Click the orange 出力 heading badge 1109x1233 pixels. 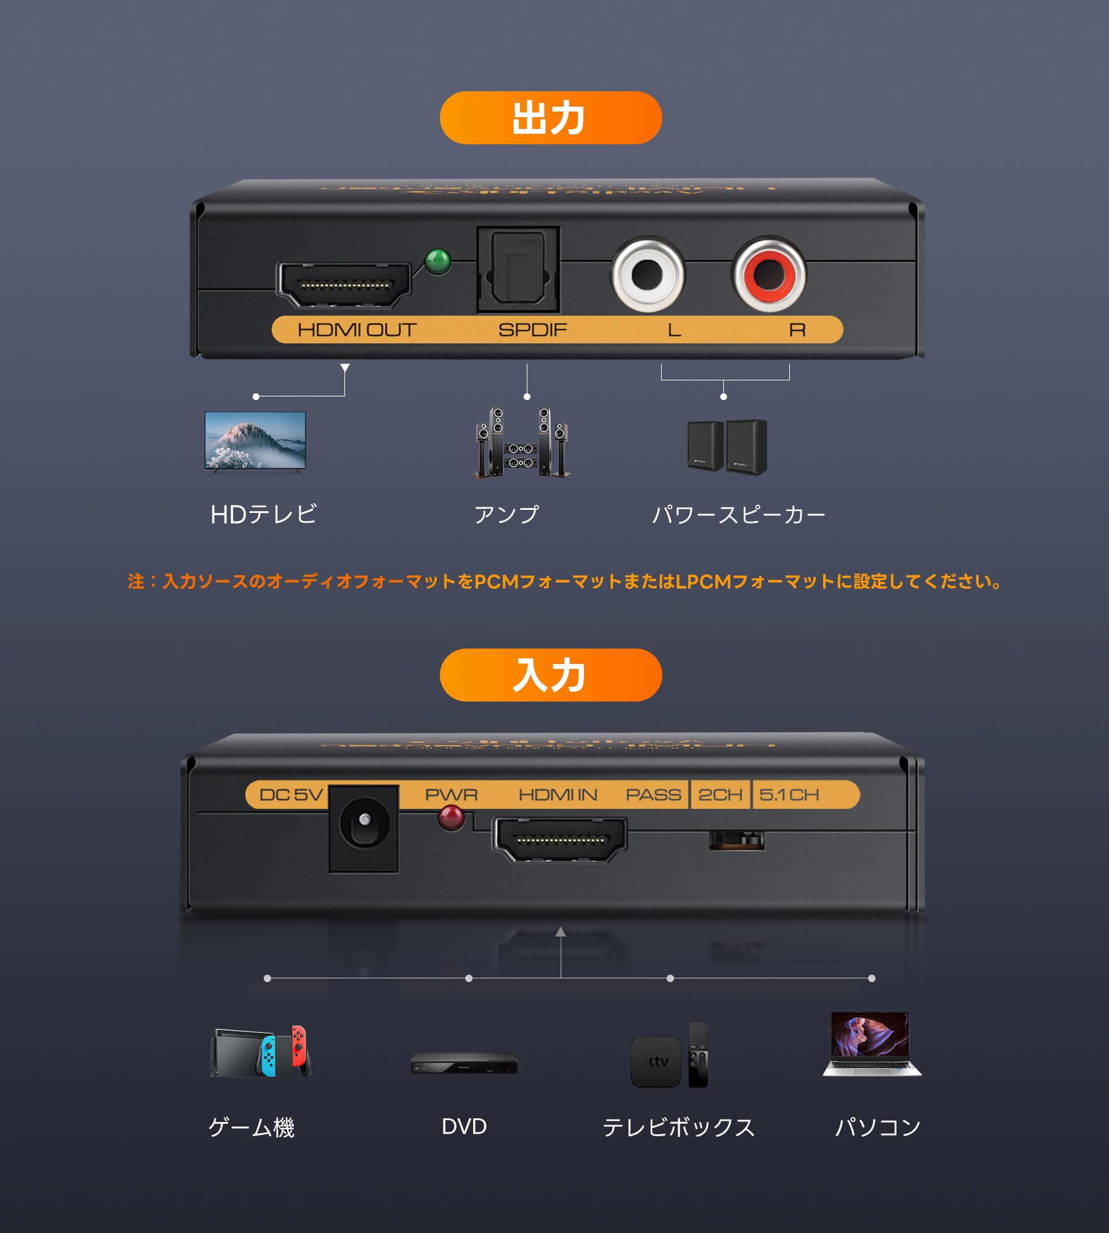tap(550, 118)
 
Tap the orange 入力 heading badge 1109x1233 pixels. tap(550, 674)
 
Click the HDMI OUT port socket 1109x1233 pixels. tap(344, 285)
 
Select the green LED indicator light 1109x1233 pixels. tap(438, 261)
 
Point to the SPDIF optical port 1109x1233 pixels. tap(518, 269)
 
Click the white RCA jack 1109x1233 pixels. tap(648, 274)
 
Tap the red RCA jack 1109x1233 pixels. tap(769, 274)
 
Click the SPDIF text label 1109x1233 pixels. tap(532, 330)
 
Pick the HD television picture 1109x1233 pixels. tap(255, 441)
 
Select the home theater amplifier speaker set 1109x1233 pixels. tap(522, 443)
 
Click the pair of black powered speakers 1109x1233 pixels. tap(727, 447)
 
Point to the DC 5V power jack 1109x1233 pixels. tap(364, 828)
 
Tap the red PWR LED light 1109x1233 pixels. tap(451, 817)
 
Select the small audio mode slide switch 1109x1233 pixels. tap(737, 840)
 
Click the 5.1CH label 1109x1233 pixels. tap(789, 795)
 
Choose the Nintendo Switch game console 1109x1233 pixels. tap(261, 1052)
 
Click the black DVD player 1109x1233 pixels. tap(465, 1063)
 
